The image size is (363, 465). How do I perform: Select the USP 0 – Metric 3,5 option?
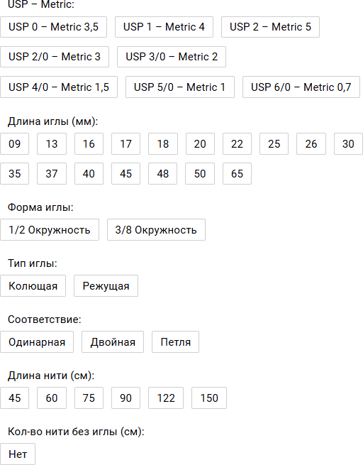pyautogui.click(x=54, y=27)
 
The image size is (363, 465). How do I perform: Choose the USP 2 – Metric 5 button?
pyautogui.click(x=270, y=27)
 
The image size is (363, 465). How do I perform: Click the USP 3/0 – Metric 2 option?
pyautogui.click(x=172, y=57)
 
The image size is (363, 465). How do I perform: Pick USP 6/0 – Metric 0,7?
pyautogui.click(x=301, y=87)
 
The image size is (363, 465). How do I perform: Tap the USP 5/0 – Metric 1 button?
pyautogui.click(x=180, y=87)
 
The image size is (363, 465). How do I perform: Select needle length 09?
pyautogui.click(x=14, y=144)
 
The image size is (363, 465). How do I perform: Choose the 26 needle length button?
pyautogui.click(x=311, y=144)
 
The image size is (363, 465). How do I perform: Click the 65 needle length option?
pyautogui.click(x=238, y=173)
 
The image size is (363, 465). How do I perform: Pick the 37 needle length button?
pyautogui.click(x=52, y=173)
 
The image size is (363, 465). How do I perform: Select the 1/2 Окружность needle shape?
pyautogui.click(x=50, y=230)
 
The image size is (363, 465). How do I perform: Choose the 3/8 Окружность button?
pyautogui.click(x=156, y=230)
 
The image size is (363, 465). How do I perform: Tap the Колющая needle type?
pyautogui.click(x=33, y=286)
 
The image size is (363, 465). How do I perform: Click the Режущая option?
pyautogui.click(x=106, y=286)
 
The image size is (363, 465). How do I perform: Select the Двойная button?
pyautogui.click(x=113, y=342)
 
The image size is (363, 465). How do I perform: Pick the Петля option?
pyautogui.click(x=176, y=342)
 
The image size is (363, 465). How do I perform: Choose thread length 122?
pyautogui.click(x=166, y=398)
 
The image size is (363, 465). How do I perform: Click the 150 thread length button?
pyautogui.click(x=209, y=398)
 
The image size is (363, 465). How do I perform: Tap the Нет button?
pyautogui.click(x=18, y=454)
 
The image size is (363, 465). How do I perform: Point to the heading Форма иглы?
pyautogui.click(x=40, y=207)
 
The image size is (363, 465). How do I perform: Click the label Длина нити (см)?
pyautogui.click(x=51, y=376)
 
